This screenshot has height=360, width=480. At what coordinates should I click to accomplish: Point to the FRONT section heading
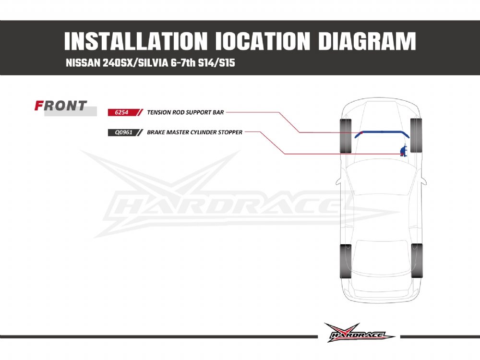pos(61,106)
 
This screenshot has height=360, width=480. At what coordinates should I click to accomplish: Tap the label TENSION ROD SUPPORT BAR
pos(185,112)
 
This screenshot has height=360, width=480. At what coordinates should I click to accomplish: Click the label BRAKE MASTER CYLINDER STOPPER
pos(194,132)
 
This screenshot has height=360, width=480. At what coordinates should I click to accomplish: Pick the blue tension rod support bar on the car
pos(382,132)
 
